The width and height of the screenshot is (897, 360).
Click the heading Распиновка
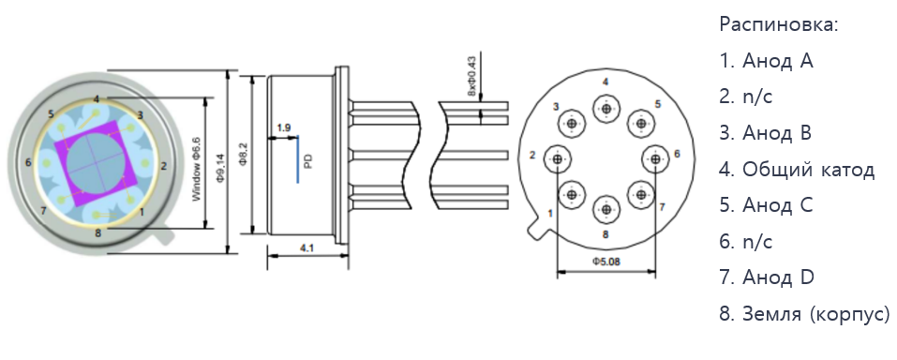(x=779, y=25)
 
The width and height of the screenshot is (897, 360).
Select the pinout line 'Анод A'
(x=766, y=61)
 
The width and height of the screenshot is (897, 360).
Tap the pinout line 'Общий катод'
(x=797, y=170)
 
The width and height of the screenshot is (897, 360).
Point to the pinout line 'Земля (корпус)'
(x=804, y=314)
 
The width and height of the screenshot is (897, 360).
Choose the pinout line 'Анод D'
(x=767, y=277)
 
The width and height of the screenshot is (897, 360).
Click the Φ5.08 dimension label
(x=605, y=262)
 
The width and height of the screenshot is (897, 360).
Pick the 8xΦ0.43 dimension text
(x=472, y=76)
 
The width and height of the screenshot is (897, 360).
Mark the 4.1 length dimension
(x=306, y=247)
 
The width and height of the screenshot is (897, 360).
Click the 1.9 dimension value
(x=283, y=127)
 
